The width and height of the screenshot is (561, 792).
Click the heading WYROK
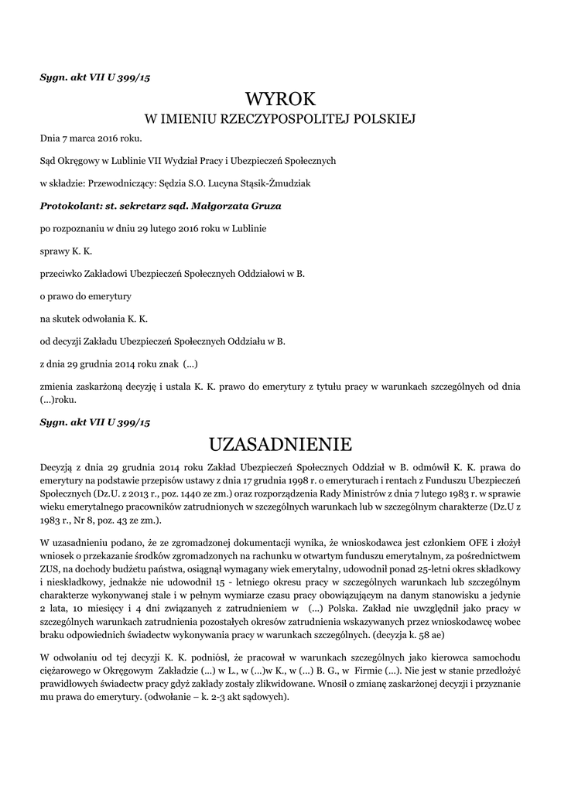pos(281,99)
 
